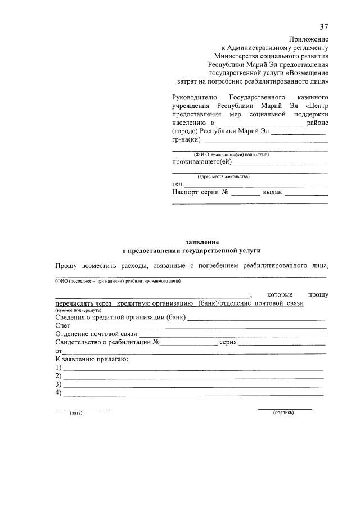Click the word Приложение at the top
point(309,39)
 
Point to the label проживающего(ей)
point(201,162)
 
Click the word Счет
point(63,326)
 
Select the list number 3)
point(58,384)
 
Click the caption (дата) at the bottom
point(76,413)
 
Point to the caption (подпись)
point(284,412)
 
